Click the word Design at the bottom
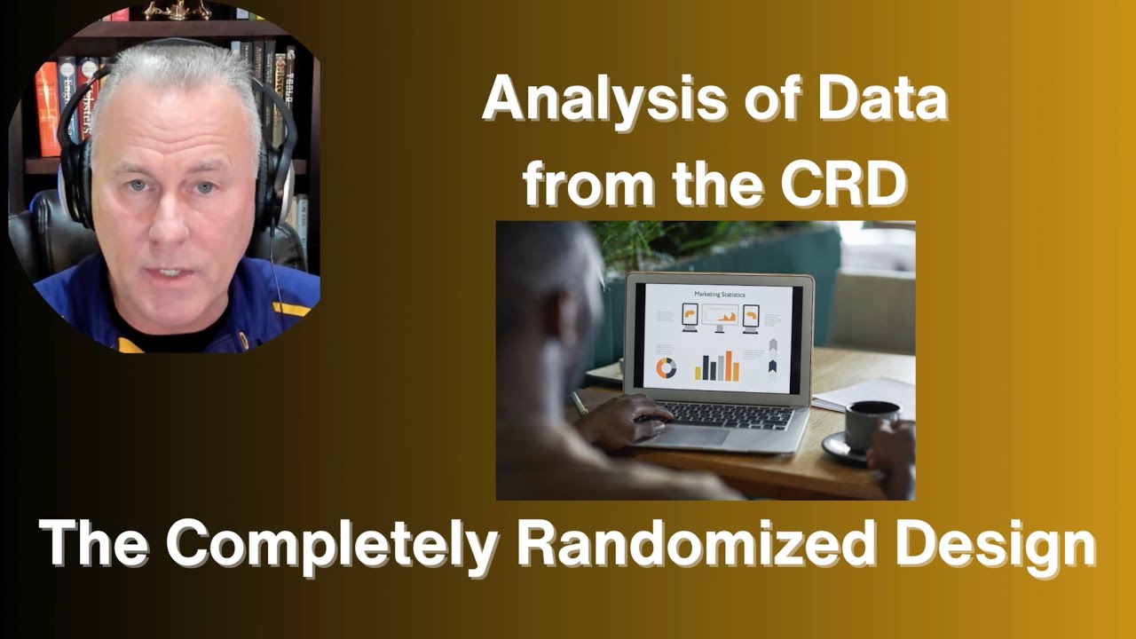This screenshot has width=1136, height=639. tap(994, 544)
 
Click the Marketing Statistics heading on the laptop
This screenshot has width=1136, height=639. tap(720, 294)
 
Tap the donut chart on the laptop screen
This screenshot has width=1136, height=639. tap(666, 367)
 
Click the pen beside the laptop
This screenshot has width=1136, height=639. tap(580, 404)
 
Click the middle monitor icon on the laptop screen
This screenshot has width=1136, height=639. tap(720, 317)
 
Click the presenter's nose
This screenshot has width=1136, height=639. tap(170, 217)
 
